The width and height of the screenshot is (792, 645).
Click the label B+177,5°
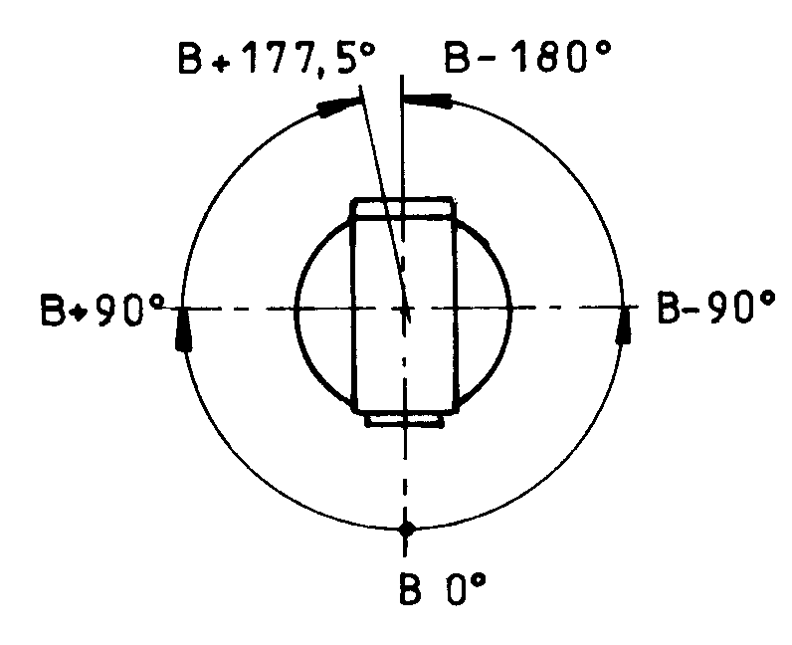point(277,58)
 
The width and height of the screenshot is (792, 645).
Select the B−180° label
point(527,56)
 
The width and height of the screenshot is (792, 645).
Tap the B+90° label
point(102,309)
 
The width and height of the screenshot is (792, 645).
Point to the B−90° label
point(715,307)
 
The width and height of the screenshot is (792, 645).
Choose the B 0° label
point(442,588)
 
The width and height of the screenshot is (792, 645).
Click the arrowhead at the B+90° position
point(183,328)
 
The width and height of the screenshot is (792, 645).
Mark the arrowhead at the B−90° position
point(625,325)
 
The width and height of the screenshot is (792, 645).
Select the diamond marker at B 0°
point(406,529)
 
